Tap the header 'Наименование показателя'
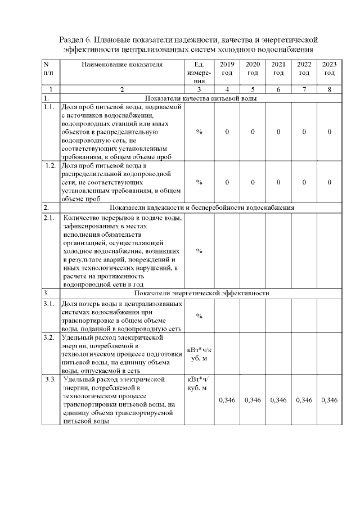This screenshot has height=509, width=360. coord(122,65)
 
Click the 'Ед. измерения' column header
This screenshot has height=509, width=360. coord(199,73)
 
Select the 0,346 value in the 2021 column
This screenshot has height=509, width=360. coord(278,400)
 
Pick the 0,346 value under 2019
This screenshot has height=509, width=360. coord(227,400)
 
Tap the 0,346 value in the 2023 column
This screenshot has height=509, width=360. coord(330,400)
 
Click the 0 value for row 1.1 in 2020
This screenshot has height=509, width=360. coord(253,132)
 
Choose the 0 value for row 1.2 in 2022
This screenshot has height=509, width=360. coord(304,182)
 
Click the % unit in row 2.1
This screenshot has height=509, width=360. coord(199,251)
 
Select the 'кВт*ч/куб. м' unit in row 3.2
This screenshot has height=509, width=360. coord(199,354)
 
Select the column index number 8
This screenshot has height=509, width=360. coord(330,89)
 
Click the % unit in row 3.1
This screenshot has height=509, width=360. coord(199,316)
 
